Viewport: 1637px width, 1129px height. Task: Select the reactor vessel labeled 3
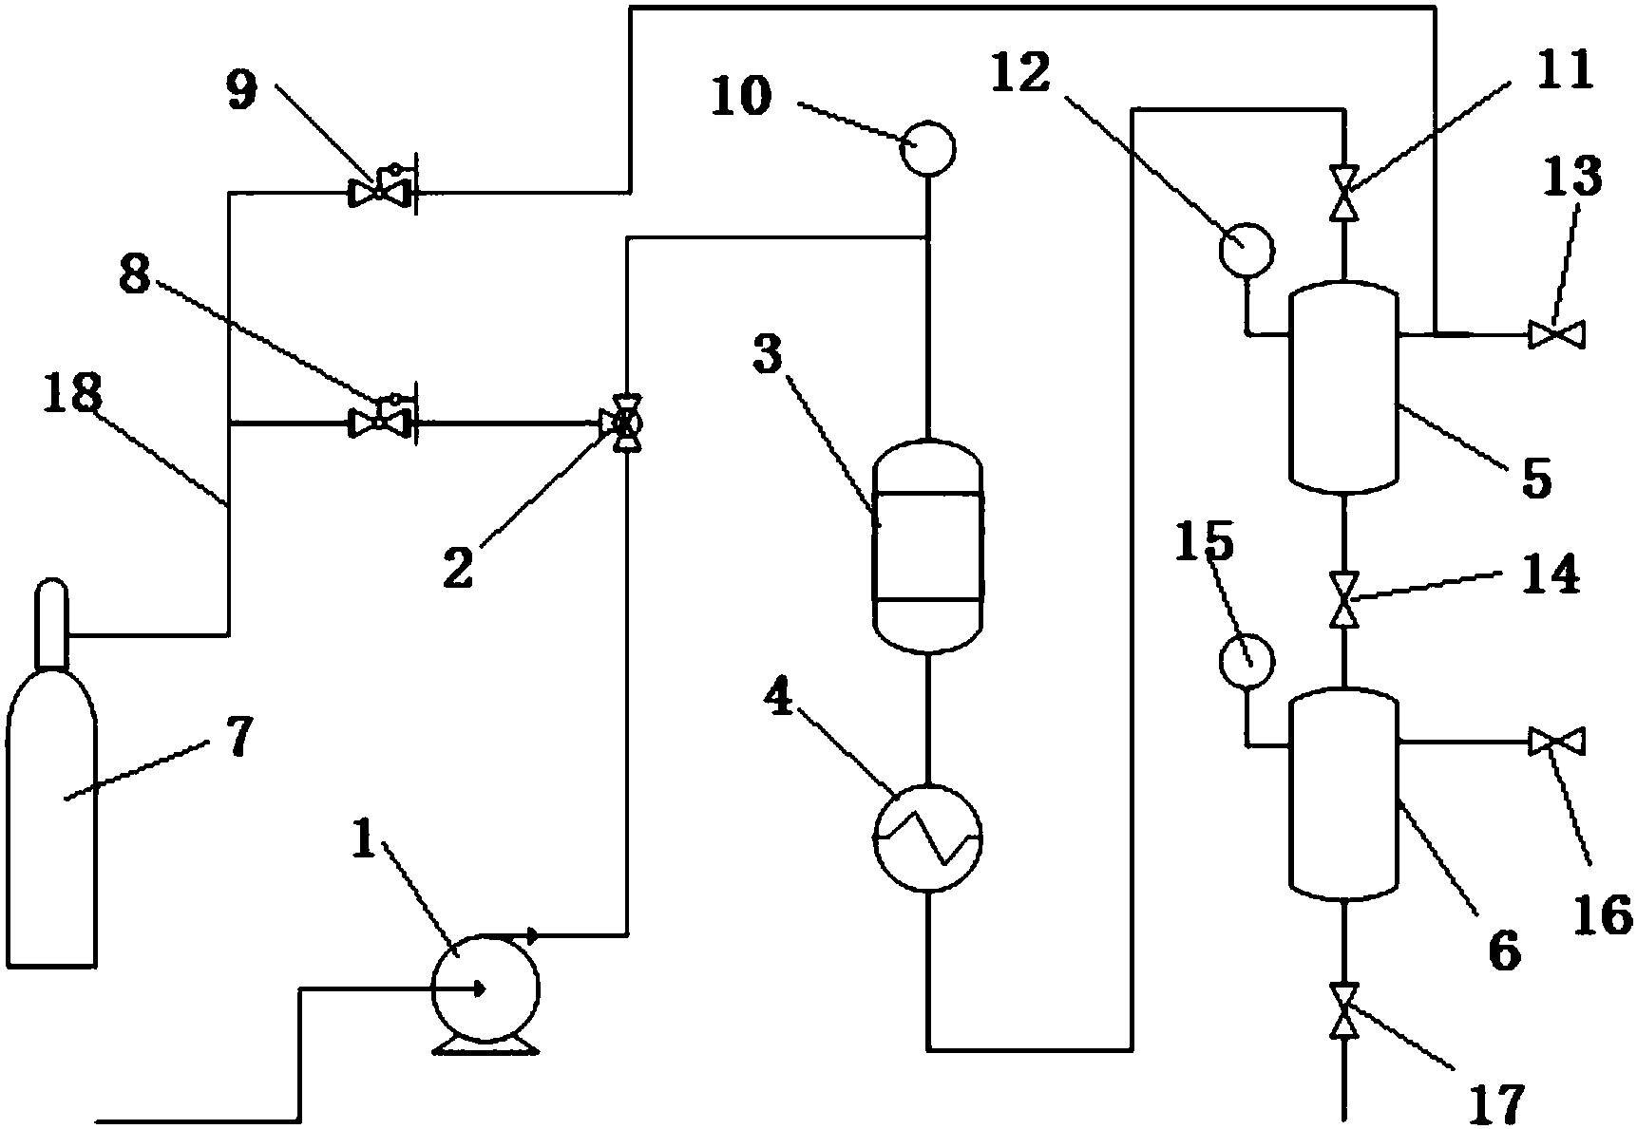click(926, 547)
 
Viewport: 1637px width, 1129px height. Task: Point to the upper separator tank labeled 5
click(1342, 387)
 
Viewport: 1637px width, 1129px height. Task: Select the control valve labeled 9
click(379, 192)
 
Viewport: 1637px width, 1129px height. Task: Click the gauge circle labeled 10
click(927, 149)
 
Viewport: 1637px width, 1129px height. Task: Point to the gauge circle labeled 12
click(1247, 249)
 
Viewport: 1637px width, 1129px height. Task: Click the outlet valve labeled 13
click(1556, 335)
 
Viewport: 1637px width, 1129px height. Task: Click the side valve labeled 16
click(1556, 742)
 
